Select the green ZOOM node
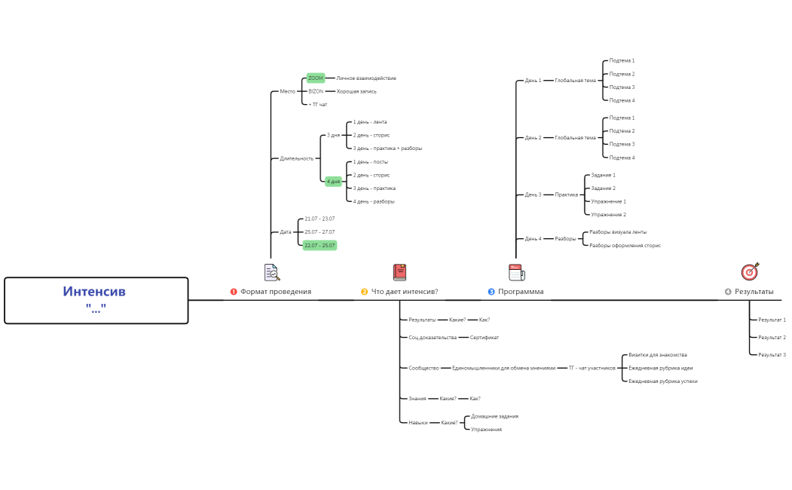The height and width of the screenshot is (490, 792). tap(316, 78)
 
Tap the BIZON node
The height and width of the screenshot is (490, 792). tap(316, 91)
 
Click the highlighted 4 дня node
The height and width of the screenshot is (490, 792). tap(334, 182)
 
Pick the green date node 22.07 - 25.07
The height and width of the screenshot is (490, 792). tap(320, 245)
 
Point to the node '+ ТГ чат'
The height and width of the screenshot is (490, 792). tap(318, 105)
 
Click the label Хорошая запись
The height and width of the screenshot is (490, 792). tap(356, 91)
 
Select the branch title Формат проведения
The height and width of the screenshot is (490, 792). tap(275, 292)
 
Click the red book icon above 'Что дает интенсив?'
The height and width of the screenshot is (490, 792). tap(399, 272)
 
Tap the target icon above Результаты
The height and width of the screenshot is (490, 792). tap(750, 271)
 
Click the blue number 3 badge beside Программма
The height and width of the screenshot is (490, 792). tap(491, 292)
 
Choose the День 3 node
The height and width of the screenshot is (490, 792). tap(533, 194)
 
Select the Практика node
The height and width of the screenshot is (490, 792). tap(567, 194)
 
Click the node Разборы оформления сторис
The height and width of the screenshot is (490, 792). tap(625, 245)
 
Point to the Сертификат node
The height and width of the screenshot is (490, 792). tap(485, 338)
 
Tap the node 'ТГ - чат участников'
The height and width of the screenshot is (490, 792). tap(592, 368)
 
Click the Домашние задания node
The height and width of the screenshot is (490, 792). tap(494, 416)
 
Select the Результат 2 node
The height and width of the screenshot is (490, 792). tap(772, 337)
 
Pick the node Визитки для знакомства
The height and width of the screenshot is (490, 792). tap(658, 354)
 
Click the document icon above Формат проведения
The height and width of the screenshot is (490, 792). tap(271, 272)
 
